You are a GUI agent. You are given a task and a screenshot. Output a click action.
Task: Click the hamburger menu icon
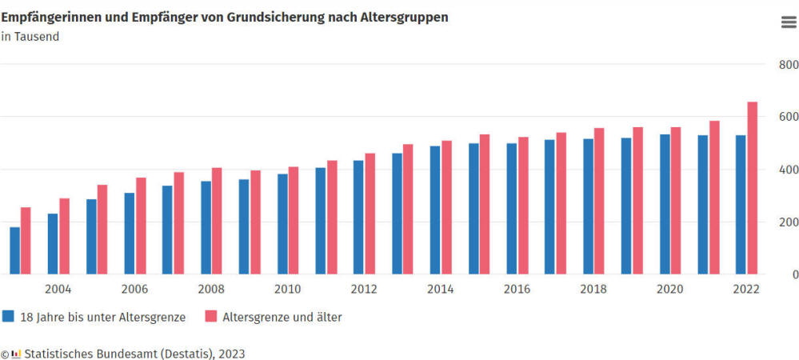[x=788, y=22]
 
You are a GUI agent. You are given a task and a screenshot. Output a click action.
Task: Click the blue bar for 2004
[x=53, y=244]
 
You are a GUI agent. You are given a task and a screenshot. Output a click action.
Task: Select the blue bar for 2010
[x=282, y=224]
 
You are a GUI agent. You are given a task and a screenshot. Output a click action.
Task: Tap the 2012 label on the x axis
[x=364, y=289]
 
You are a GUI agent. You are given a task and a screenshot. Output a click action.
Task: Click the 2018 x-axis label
[x=593, y=289]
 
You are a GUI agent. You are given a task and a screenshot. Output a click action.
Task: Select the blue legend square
[x=8, y=316]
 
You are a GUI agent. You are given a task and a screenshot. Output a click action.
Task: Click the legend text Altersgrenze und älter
[x=282, y=317]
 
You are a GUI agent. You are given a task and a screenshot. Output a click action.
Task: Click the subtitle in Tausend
[x=30, y=37]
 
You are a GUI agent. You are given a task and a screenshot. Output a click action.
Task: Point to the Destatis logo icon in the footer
[x=16, y=353]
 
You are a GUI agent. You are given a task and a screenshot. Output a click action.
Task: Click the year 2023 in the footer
[x=231, y=353]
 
